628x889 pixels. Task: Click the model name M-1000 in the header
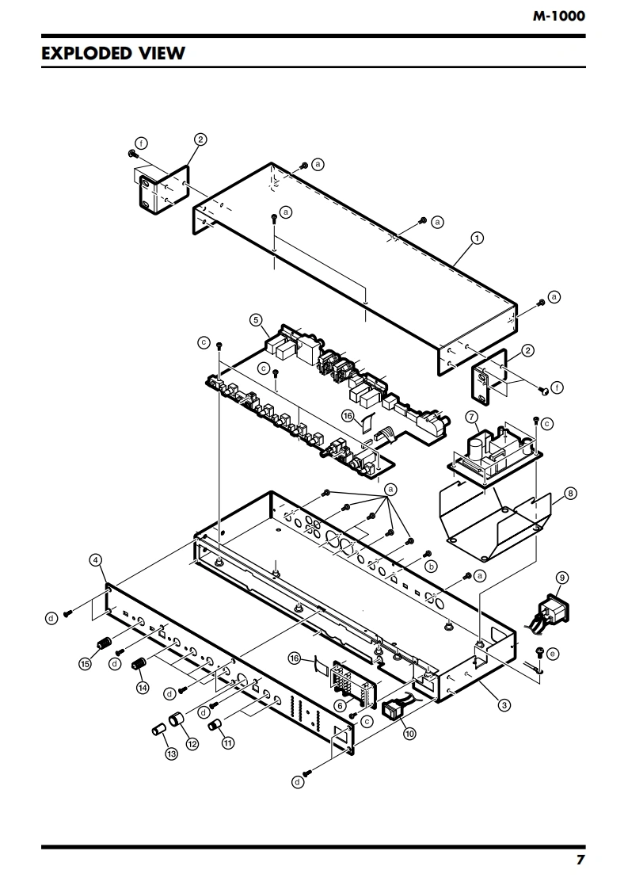[x=558, y=16]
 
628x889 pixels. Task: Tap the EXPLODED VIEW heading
[x=113, y=53]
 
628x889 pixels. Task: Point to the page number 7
[x=580, y=860]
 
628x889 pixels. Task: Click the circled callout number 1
[x=478, y=238]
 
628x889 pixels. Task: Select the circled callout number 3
[x=504, y=705]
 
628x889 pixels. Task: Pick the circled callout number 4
[x=97, y=560]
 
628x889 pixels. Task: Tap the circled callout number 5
[x=256, y=320]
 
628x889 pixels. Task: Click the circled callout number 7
[x=471, y=417]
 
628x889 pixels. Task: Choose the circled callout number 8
[x=570, y=494]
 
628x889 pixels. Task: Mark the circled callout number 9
[x=561, y=578]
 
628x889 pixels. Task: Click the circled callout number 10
[x=409, y=734]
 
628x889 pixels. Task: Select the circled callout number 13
[x=171, y=754]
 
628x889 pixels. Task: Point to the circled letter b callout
[x=431, y=566]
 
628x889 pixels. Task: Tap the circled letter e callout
[x=553, y=654]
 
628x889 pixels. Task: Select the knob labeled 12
[x=177, y=720]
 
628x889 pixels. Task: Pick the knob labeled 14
[x=139, y=663]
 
